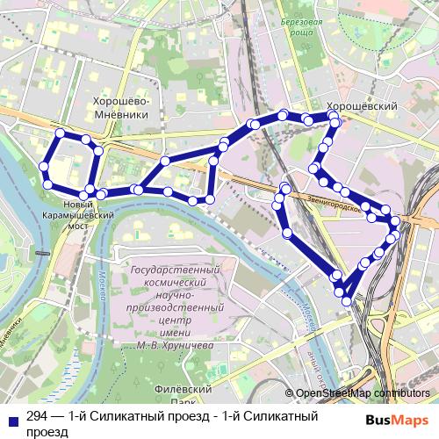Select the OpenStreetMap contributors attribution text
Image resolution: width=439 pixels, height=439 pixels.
[x=363, y=394]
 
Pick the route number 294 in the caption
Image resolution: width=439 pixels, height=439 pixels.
[x=38, y=416]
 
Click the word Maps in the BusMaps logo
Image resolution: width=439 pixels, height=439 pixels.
[x=411, y=421]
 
